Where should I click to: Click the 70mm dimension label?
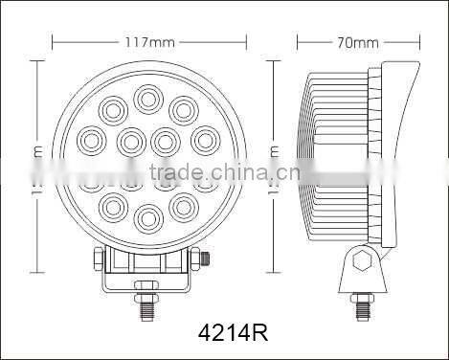point(360,42)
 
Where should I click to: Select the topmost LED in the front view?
point(147,97)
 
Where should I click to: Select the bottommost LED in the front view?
point(146,216)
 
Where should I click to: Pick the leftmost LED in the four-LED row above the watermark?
point(91,141)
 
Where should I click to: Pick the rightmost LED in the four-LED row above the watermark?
point(203,141)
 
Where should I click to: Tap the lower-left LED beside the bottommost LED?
point(113,203)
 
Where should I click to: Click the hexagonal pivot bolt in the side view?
point(362,261)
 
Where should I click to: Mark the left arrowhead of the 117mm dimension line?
point(56,42)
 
